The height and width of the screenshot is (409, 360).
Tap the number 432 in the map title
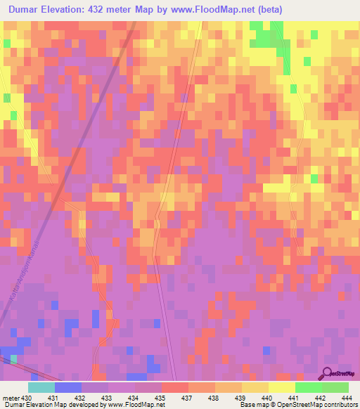[x=103, y=10]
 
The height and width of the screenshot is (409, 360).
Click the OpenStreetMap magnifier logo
[x=328, y=375]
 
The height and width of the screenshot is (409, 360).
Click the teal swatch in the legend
[x=41, y=387]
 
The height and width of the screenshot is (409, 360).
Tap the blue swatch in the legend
[x=67, y=387]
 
